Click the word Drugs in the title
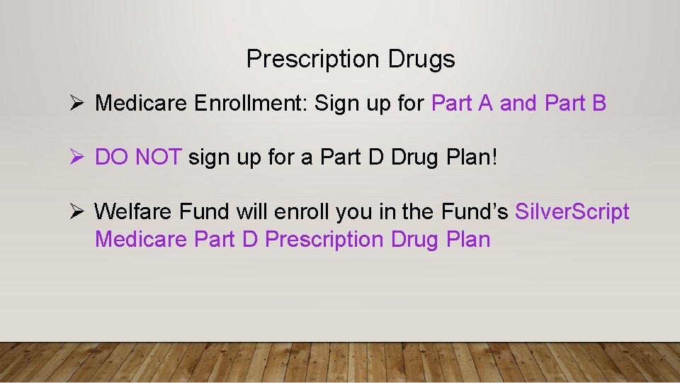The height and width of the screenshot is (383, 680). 421,60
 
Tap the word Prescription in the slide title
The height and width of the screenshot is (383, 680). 314,60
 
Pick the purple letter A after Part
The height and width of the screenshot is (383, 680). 485,104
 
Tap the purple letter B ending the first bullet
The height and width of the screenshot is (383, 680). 599,104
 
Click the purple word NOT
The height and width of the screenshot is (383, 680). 159,157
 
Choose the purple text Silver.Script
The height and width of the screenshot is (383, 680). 572,211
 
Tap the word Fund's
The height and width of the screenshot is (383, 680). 474,211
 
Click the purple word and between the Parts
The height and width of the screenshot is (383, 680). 518,104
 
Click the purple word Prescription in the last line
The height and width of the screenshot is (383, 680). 324,240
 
